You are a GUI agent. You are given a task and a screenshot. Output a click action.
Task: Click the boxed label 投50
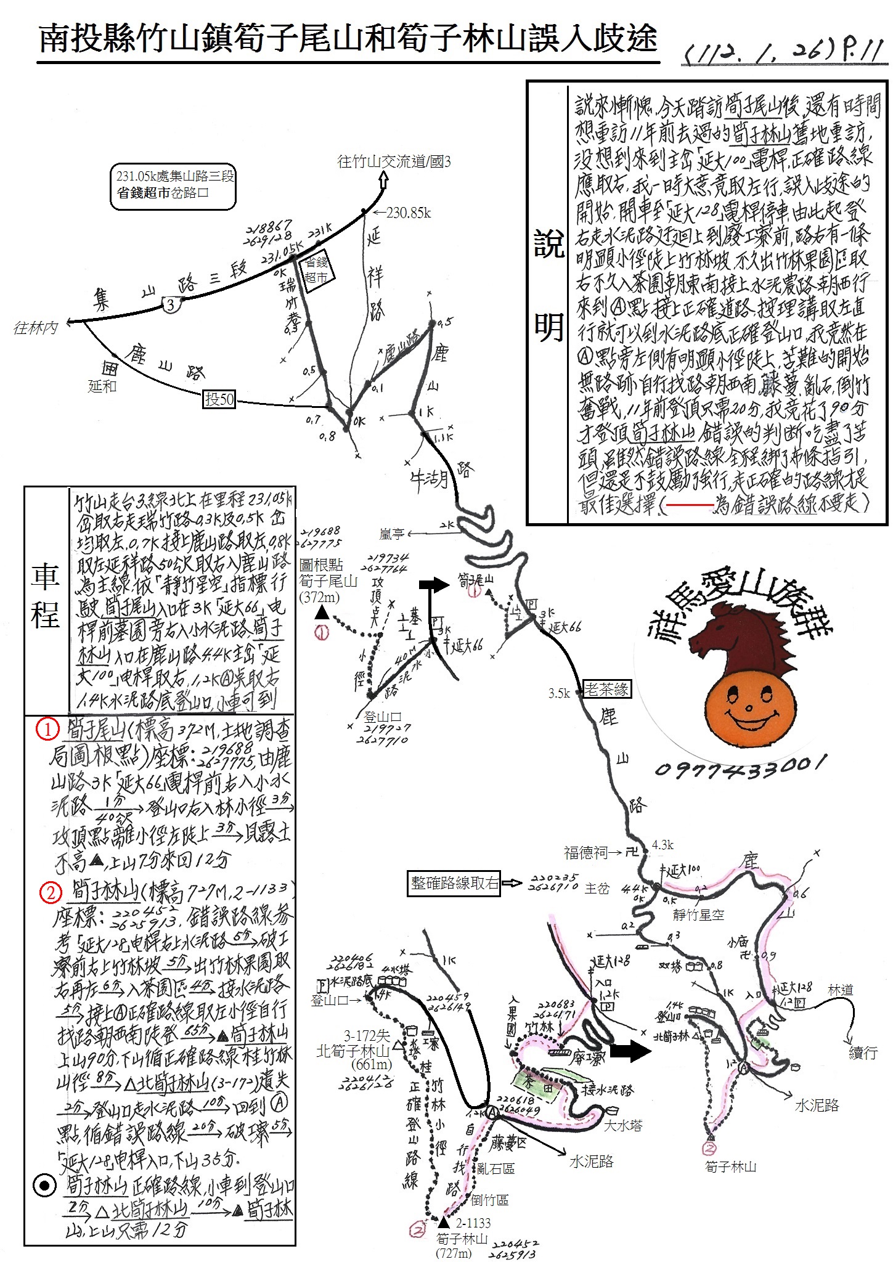pyautogui.click(x=219, y=399)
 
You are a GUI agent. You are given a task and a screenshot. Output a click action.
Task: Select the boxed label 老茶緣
pyautogui.click(x=607, y=689)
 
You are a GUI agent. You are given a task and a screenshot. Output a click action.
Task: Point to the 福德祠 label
pyautogui.click(x=585, y=852)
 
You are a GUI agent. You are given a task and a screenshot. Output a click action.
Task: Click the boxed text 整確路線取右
pyautogui.click(x=454, y=883)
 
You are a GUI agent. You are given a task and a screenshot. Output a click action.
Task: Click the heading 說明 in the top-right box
pyautogui.click(x=548, y=287)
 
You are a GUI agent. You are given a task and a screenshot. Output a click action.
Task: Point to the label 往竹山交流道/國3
pyautogui.click(x=394, y=162)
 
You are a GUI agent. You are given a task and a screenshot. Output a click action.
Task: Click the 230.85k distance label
pyautogui.click(x=409, y=213)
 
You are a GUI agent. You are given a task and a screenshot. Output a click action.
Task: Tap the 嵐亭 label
pyautogui.click(x=391, y=534)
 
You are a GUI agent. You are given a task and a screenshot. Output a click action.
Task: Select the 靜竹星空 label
pyautogui.click(x=698, y=915)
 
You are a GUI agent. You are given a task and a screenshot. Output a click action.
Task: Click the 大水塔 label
pyautogui.click(x=623, y=1125)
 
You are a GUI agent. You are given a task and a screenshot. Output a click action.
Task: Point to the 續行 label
pyautogui.click(x=862, y=1052)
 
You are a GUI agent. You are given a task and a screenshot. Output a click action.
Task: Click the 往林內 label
pyautogui.click(x=36, y=328)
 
